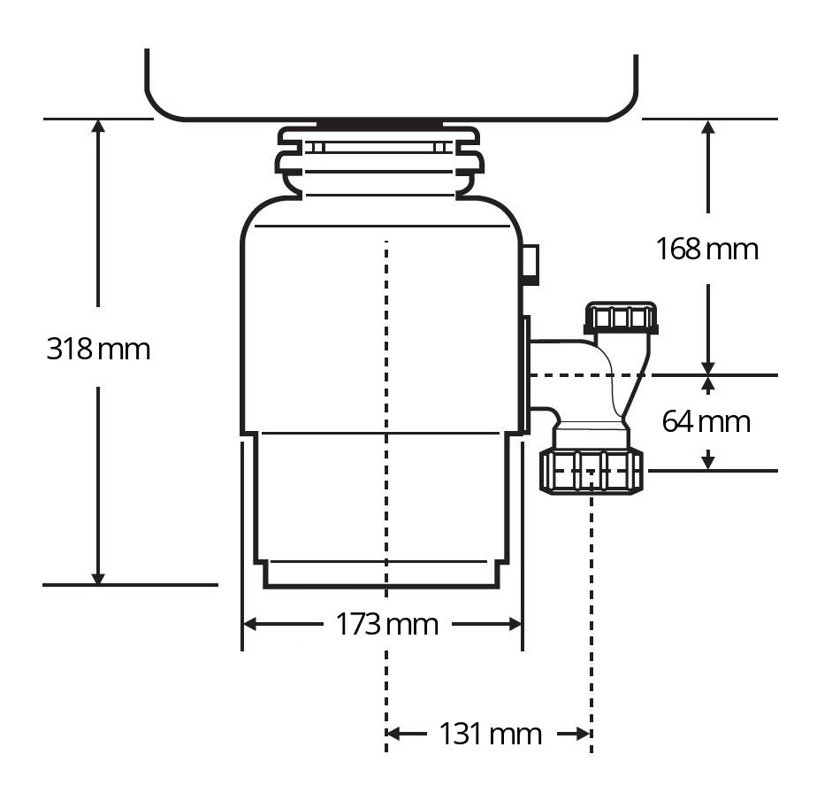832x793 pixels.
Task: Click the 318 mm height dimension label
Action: point(98,349)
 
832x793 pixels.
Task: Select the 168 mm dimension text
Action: point(706,249)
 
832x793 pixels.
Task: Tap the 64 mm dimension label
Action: point(706,422)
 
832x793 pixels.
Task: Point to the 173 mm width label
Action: point(386,624)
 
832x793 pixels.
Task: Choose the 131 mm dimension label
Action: point(491,734)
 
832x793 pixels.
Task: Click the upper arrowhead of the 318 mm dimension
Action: point(98,126)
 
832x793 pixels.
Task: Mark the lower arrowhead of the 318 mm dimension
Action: point(98,578)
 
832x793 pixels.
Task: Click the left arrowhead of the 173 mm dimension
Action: point(249,624)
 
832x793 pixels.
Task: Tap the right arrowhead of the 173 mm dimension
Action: point(515,624)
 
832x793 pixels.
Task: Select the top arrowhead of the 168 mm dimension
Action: point(708,126)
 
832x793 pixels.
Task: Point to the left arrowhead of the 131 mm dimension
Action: point(393,734)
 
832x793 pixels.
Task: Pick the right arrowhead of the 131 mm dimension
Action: point(584,734)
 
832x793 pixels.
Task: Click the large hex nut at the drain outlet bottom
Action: point(592,471)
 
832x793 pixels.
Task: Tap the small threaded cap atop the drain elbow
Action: point(621,318)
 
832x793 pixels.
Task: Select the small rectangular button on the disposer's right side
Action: point(530,265)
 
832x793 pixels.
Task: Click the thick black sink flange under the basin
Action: point(380,125)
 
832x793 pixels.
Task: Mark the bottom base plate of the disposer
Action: point(381,574)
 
